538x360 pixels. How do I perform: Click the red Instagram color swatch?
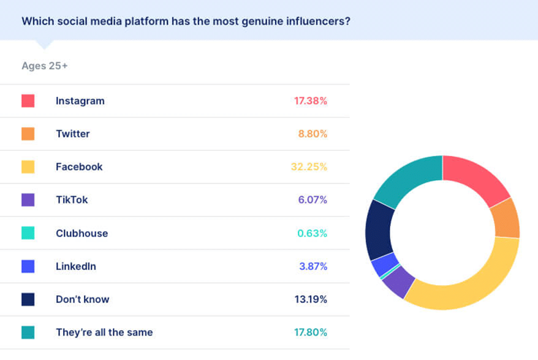(x=28, y=101)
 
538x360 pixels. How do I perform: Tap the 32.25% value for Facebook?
(x=309, y=167)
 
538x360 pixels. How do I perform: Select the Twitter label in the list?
(x=72, y=134)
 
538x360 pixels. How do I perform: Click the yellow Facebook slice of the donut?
(x=472, y=283)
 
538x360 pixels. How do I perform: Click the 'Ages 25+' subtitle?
(x=44, y=66)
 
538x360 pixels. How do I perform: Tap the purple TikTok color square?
(x=28, y=200)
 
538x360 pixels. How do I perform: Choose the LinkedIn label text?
(x=75, y=266)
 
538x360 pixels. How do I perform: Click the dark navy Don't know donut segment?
(x=377, y=229)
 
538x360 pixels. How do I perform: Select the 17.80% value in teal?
(x=311, y=332)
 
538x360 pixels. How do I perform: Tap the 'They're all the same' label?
(x=104, y=332)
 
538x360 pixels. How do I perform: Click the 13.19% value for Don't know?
(x=311, y=299)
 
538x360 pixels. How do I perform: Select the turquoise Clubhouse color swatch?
(x=28, y=233)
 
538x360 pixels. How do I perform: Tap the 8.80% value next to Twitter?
(x=313, y=134)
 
